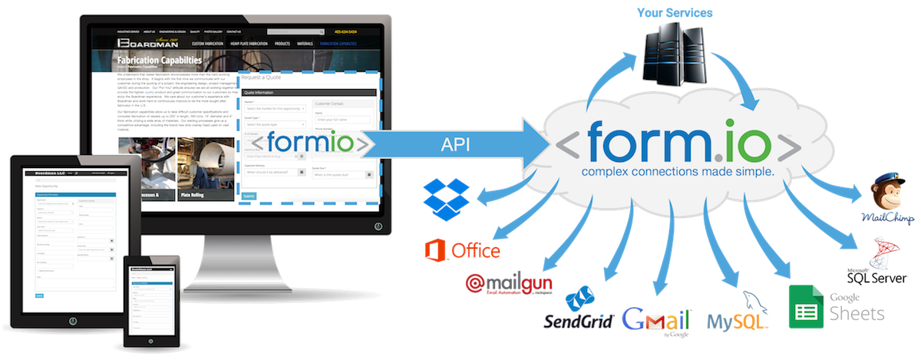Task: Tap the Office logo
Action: click(463, 250)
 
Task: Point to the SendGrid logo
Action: click(578, 313)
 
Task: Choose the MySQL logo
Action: click(737, 315)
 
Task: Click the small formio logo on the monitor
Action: click(307, 143)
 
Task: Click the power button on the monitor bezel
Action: click(378, 226)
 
